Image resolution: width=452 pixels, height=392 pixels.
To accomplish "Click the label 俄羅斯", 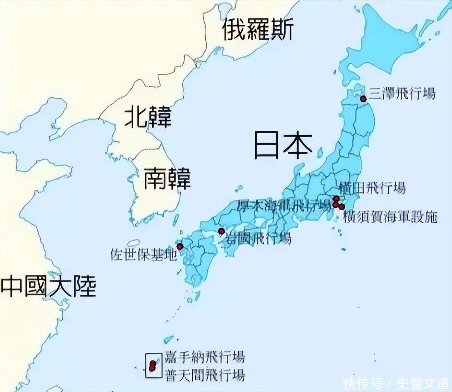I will [257, 30].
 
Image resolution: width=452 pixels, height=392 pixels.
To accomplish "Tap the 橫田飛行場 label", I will [372, 187].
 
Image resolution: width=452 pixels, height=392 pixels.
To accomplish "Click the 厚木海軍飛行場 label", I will [284, 205].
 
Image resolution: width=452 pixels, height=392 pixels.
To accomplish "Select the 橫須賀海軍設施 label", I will [390, 217].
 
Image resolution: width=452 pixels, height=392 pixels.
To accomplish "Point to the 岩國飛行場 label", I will [258, 238].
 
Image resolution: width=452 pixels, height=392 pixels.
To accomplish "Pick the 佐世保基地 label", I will [143, 255].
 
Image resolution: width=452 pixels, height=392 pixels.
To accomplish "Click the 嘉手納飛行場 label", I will [205, 357].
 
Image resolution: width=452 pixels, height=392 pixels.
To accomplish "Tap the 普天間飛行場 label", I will [205, 374].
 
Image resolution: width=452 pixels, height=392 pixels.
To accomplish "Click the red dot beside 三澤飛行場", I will [363, 99].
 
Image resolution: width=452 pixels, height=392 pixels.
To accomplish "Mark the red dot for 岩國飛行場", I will [221, 231].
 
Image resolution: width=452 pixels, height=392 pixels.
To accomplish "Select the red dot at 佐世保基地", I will [180, 246].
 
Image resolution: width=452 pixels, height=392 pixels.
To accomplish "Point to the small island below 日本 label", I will [320, 152].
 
